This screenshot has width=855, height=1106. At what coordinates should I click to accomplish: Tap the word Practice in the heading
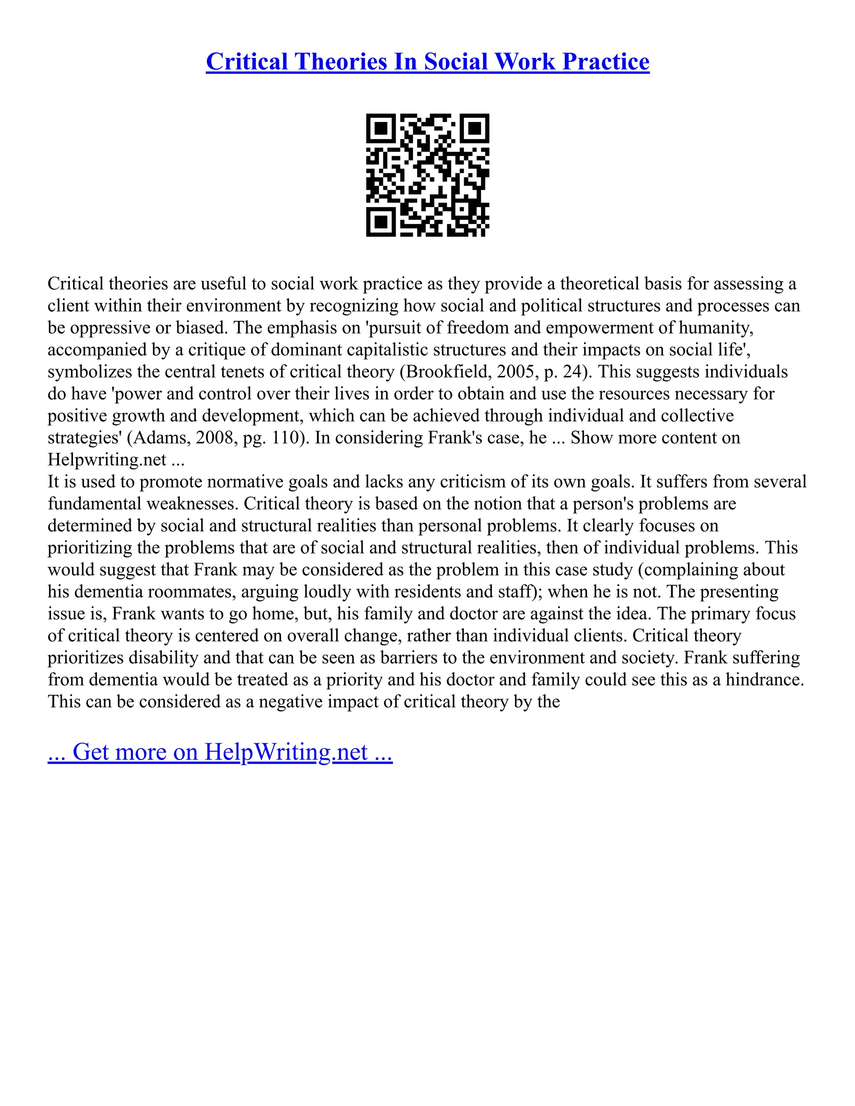606,62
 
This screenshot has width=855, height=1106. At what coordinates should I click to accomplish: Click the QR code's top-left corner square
380,128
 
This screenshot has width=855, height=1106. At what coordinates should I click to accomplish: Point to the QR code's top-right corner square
475,128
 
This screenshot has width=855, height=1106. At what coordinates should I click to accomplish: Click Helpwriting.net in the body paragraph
107,460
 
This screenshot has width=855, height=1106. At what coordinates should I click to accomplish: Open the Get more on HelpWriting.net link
220,752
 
